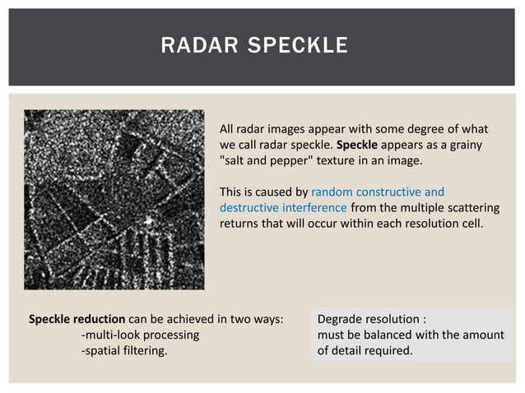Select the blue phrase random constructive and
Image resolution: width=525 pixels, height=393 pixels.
tap(378, 192)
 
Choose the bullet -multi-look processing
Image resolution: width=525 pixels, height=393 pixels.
tap(140, 335)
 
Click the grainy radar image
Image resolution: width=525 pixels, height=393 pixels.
tap(114, 199)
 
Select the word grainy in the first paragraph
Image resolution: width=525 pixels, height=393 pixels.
tap(466, 145)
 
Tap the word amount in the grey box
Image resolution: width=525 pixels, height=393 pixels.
tap(483, 335)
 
